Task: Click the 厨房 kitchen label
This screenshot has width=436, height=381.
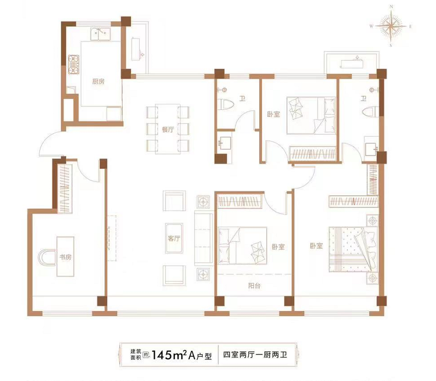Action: tap(98, 82)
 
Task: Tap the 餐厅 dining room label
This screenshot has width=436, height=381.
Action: tap(168, 129)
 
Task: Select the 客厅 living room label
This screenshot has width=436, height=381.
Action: tap(174, 238)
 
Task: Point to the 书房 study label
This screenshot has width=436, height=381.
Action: tap(66, 257)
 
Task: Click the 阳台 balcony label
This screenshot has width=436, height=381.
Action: tap(254, 286)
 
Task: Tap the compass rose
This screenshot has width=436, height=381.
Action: tap(391, 26)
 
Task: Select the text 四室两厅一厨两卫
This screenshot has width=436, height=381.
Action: tap(255, 355)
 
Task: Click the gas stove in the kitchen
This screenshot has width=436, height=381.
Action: tap(74, 64)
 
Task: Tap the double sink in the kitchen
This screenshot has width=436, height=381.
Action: tap(100, 34)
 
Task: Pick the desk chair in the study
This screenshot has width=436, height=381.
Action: tap(47, 257)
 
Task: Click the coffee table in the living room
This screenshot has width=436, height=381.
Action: tap(174, 238)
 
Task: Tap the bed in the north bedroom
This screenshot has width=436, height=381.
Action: tap(311, 116)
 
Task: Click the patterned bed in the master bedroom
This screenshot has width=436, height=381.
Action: tap(353, 249)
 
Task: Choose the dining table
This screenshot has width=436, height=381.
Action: tap(168, 129)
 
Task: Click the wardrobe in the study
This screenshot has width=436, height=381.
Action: tap(65, 189)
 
